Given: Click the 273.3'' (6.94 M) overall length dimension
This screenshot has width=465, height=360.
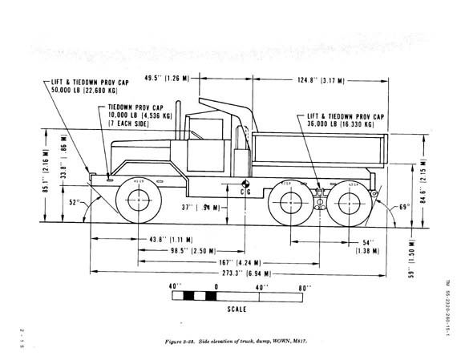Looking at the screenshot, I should coord(233,273).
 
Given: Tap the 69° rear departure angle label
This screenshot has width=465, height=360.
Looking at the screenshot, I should coord(404,208).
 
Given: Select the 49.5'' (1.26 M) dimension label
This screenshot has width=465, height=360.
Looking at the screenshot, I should coord(171,78).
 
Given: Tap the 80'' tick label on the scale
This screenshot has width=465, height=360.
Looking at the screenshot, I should coord(303,286).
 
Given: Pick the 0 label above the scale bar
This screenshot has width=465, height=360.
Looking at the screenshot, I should coord(216,286).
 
